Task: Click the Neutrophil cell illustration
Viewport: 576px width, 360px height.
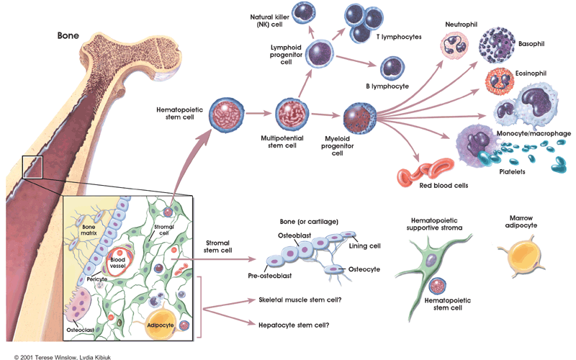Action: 454,45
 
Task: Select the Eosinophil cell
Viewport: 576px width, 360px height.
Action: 499,81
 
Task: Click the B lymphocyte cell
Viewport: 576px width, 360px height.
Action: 392,68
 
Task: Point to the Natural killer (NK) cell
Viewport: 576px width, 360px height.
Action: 304,12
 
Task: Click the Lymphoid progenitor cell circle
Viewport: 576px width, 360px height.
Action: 320,54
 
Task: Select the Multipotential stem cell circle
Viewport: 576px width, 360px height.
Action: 292,114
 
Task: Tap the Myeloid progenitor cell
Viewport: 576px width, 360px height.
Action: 360,118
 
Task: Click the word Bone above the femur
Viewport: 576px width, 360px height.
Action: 68,35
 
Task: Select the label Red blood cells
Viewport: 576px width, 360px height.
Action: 444,186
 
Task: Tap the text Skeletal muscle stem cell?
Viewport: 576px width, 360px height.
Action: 300,300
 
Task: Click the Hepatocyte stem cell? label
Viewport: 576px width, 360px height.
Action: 294,325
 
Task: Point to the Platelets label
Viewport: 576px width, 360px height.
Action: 512,171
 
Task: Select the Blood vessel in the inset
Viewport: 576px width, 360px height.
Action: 119,262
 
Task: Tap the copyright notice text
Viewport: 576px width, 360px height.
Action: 62,357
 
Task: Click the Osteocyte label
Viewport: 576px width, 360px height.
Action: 364,269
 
